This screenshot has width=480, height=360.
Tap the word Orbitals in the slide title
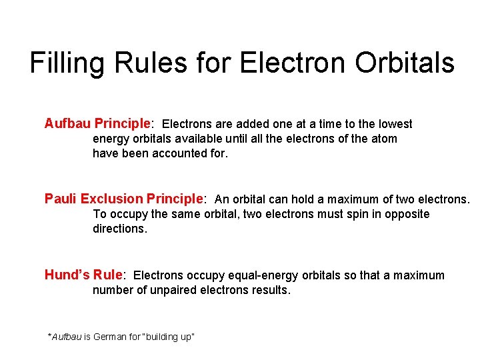click(x=405, y=63)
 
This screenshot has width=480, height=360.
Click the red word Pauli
click(x=61, y=199)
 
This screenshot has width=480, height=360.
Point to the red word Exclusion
click(x=111, y=199)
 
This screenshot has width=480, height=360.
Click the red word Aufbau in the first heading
click(x=67, y=123)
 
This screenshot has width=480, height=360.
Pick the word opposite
click(x=407, y=214)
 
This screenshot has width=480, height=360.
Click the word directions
click(x=119, y=229)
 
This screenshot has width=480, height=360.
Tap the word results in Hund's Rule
click(x=270, y=291)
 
